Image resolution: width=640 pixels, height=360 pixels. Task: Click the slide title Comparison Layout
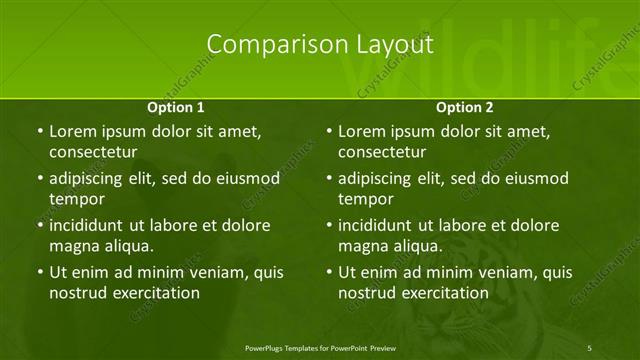320,45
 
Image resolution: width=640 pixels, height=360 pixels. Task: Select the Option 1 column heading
176,107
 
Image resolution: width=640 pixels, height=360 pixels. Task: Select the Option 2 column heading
464,107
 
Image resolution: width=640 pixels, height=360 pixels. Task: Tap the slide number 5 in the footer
590,347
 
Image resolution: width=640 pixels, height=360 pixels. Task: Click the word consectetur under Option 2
382,152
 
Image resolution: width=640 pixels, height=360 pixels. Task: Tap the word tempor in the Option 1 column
77,199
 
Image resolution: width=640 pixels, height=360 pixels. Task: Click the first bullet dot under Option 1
39,132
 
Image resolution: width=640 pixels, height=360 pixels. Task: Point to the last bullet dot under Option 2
328,272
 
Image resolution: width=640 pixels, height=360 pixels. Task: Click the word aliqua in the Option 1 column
126,246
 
